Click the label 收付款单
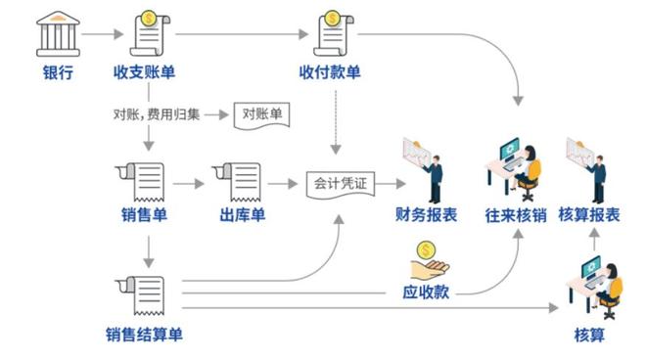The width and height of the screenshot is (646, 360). click(330, 73)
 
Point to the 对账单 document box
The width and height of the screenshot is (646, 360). click(262, 115)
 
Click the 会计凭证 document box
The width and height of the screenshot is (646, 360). click(338, 183)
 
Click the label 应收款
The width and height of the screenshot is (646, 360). click(426, 292)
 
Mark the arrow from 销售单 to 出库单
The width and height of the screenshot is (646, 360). click(193, 183)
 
